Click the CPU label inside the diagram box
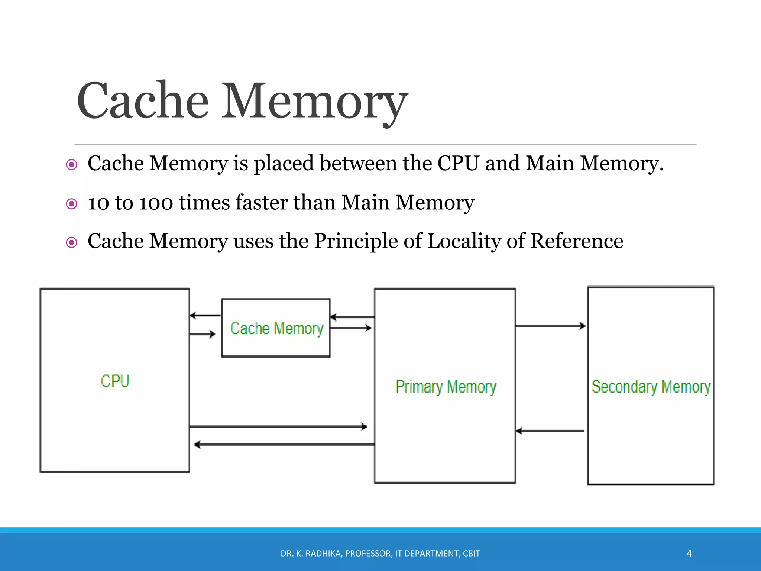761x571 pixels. pyautogui.click(x=115, y=381)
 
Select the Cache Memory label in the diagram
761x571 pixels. pyautogui.click(x=277, y=329)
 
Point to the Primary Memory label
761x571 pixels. pyautogui.click(x=446, y=387)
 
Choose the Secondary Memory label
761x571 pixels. pyautogui.click(x=651, y=387)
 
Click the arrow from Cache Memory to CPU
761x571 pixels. pyautogui.click(x=205, y=316)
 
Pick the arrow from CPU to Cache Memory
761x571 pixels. pyautogui.click(x=203, y=334)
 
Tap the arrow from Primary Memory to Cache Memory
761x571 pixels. pyautogui.click(x=352, y=317)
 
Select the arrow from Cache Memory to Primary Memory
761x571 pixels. pyautogui.click(x=351, y=328)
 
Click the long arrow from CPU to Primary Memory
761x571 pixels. pyautogui.click(x=278, y=426)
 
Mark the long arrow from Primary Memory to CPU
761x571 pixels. pyautogui.click(x=284, y=444)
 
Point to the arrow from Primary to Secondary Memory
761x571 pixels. pyautogui.click(x=551, y=326)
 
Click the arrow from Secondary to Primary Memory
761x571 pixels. pyautogui.click(x=551, y=431)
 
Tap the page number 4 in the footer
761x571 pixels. pyautogui.click(x=689, y=554)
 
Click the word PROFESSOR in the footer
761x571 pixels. pyautogui.click(x=368, y=554)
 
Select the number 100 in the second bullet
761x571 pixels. pyautogui.click(x=156, y=203)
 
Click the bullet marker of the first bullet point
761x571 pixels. pyautogui.click(x=71, y=165)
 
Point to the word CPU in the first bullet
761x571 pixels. pyautogui.click(x=458, y=164)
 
